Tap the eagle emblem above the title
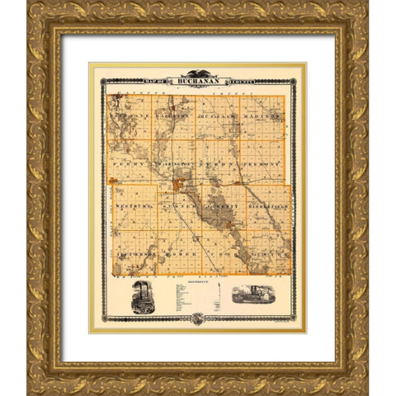tap(197, 73)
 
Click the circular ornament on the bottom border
tap(197, 318)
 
